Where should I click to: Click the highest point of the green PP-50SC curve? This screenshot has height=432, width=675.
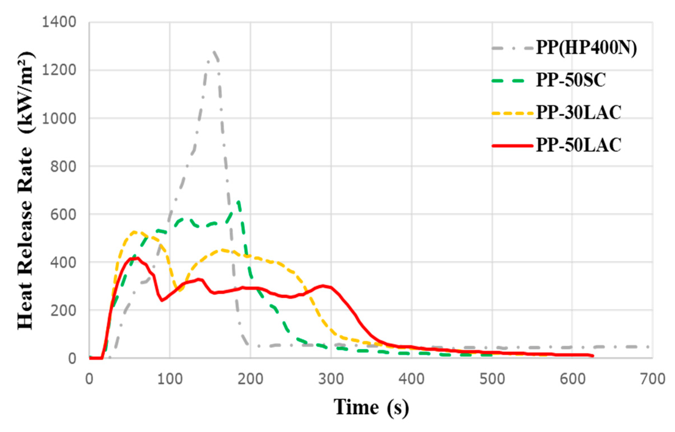[x=238, y=202]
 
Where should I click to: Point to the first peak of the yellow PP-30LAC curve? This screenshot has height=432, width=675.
[x=134, y=232]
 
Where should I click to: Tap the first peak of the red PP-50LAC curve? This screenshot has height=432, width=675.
[x=137, y=258]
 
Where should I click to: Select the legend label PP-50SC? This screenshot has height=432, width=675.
[x=571, y=80]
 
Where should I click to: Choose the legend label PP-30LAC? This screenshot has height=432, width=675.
[x=578, y=113]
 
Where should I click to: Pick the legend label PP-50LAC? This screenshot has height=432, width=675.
[x=578, y=145]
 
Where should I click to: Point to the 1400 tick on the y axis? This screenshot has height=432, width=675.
[x=59, y=22]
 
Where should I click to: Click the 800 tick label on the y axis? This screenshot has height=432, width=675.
[x=63, y=166]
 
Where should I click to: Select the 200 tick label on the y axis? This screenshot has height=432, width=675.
[x=63, y=311]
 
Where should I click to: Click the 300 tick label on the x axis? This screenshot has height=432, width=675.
[x=331, y=379]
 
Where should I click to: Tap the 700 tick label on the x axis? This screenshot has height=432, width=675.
[x=652, y=379]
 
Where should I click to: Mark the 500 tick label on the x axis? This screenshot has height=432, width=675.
[x=492, y=379]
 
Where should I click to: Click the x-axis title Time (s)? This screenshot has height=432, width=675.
[x=371, y=407]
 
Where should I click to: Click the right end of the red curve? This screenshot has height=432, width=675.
[x=593, y=356]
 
